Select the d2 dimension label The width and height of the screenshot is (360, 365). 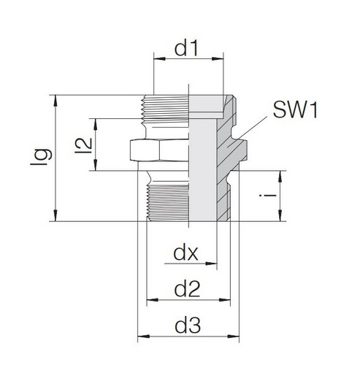click(188, 290)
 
